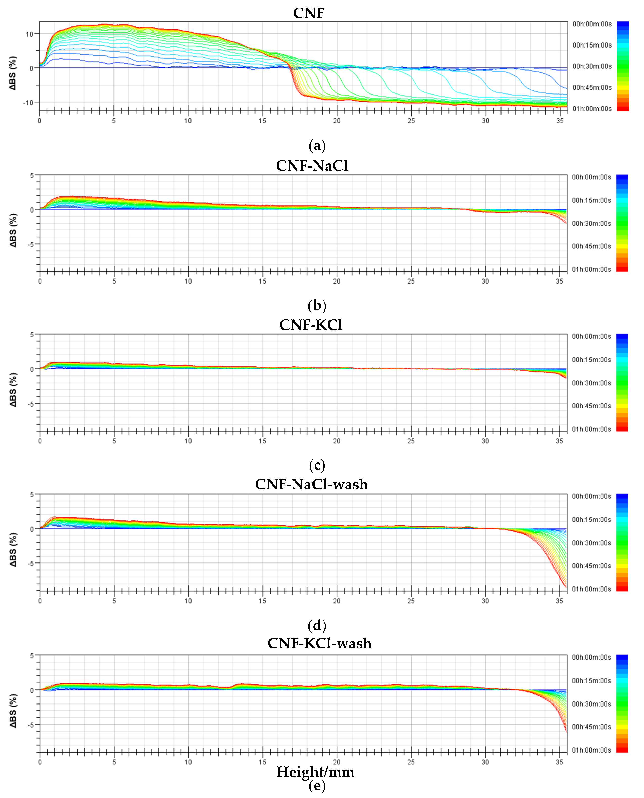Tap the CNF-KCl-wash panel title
(x=319, y=643)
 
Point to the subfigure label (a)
(x=317, y=146)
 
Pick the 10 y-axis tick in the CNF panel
(x=29, y=34)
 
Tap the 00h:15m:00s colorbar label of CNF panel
(x=592, y=45)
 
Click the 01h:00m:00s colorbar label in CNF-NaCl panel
(x=591, y=269)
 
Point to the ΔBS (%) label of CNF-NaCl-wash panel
(x=13, y=549)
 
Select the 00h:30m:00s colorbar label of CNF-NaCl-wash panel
(x=591, y=543)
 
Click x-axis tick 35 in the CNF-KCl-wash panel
(x=559, y=762)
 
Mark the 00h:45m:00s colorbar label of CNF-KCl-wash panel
(x=591, y=727)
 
